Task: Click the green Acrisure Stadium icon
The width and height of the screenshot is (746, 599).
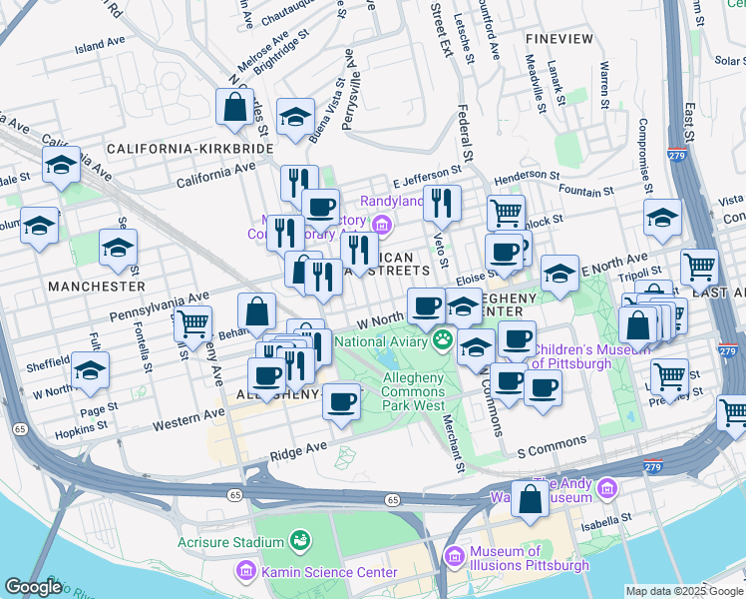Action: [298, 542]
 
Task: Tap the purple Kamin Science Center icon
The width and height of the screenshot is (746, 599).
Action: [244, 572]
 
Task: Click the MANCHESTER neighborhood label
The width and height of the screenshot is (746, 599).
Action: [96, 286]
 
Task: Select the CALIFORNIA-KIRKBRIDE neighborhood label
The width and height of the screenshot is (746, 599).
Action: [189, 148]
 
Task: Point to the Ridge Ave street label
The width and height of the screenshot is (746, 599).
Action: [298, 451]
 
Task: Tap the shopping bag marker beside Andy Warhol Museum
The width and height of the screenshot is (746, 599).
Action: [530, 497]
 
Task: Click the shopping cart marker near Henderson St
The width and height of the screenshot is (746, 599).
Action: [506, 212]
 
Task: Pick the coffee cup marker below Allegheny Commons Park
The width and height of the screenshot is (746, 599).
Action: [342, 402]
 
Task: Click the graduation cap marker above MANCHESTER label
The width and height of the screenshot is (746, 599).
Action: [118, 246]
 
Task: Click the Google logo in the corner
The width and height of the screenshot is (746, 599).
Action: [33, 587]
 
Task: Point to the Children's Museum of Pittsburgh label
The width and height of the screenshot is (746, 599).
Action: [585, 356]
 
